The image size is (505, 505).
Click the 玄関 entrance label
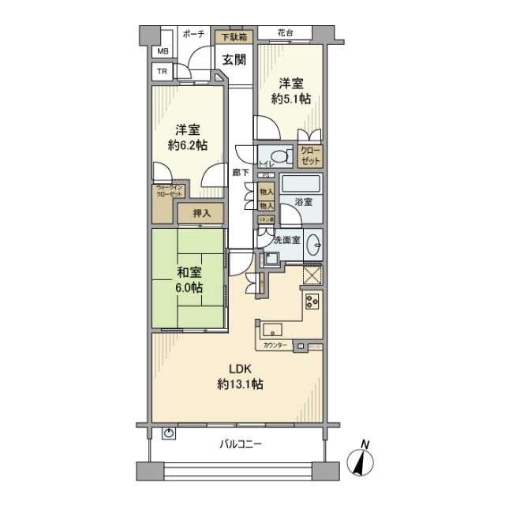[x=232, y=58]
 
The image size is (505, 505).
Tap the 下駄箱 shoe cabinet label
[x=233, y=36]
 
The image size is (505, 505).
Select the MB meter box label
[x=163, y=52]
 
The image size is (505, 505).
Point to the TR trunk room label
[x=163, y=72]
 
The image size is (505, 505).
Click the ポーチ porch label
[x=194, y=35]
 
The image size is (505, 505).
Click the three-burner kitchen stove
[x=309, y=301]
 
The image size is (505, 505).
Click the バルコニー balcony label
[x=240, y=444]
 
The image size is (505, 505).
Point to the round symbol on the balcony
[x=170, y=433]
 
